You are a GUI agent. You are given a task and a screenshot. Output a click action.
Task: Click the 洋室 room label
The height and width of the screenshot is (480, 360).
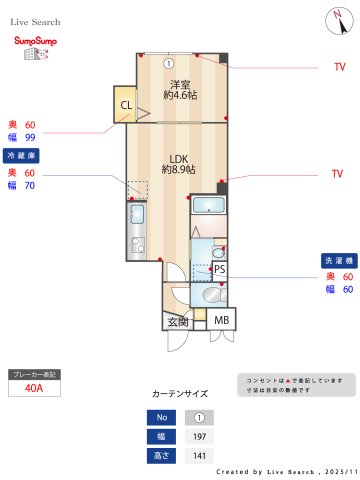tap(179, 89)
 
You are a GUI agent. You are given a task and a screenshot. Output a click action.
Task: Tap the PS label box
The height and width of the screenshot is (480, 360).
tap(219, 269)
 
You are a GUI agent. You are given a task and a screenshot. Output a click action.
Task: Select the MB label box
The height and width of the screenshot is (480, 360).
tap(222, 320)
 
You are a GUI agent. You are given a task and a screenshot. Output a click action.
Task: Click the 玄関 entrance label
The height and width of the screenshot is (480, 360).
tap(178, 321)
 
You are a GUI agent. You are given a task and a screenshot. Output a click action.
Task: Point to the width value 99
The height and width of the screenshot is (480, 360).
tap(30, 137)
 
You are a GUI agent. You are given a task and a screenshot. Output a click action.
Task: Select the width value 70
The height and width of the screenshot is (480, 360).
tap(30, 185)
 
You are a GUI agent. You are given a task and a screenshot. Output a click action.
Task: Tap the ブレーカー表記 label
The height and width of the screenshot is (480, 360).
tap(35, 374)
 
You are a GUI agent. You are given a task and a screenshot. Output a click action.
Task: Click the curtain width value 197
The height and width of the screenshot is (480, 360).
tap(199, 436)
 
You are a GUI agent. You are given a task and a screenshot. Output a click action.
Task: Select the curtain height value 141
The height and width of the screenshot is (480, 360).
tap(199, 456)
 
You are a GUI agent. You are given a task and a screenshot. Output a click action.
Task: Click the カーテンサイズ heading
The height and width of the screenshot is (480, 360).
tap(179, 394)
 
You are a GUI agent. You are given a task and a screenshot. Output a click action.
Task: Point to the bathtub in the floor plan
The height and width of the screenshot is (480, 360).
tap(208, 207)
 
